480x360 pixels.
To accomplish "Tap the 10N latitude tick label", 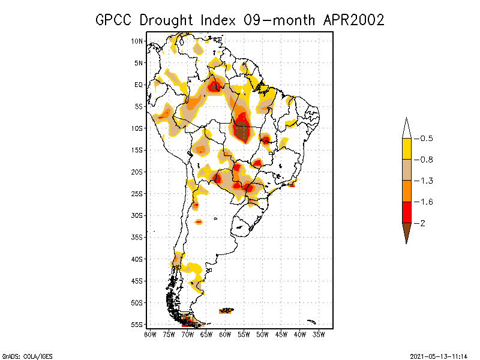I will (x=137, y=41).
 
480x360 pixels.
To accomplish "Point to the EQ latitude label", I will (x=139, y=85).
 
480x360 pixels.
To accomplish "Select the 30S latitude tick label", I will (x=137, y=215).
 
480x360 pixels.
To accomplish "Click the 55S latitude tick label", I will (x=137, y=325).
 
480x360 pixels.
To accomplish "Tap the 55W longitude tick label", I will (x=243, y=334).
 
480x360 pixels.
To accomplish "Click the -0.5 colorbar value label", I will (x=426, y=139).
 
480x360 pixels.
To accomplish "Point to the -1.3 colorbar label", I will (x=426, y=181).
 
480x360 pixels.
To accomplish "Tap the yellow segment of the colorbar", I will (x=406, y=149).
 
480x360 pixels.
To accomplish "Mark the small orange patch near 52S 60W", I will (x=227, y=311).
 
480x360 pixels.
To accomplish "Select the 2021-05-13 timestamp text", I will (x=439, y=355).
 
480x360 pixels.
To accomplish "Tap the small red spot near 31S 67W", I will (x=199, y=222).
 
